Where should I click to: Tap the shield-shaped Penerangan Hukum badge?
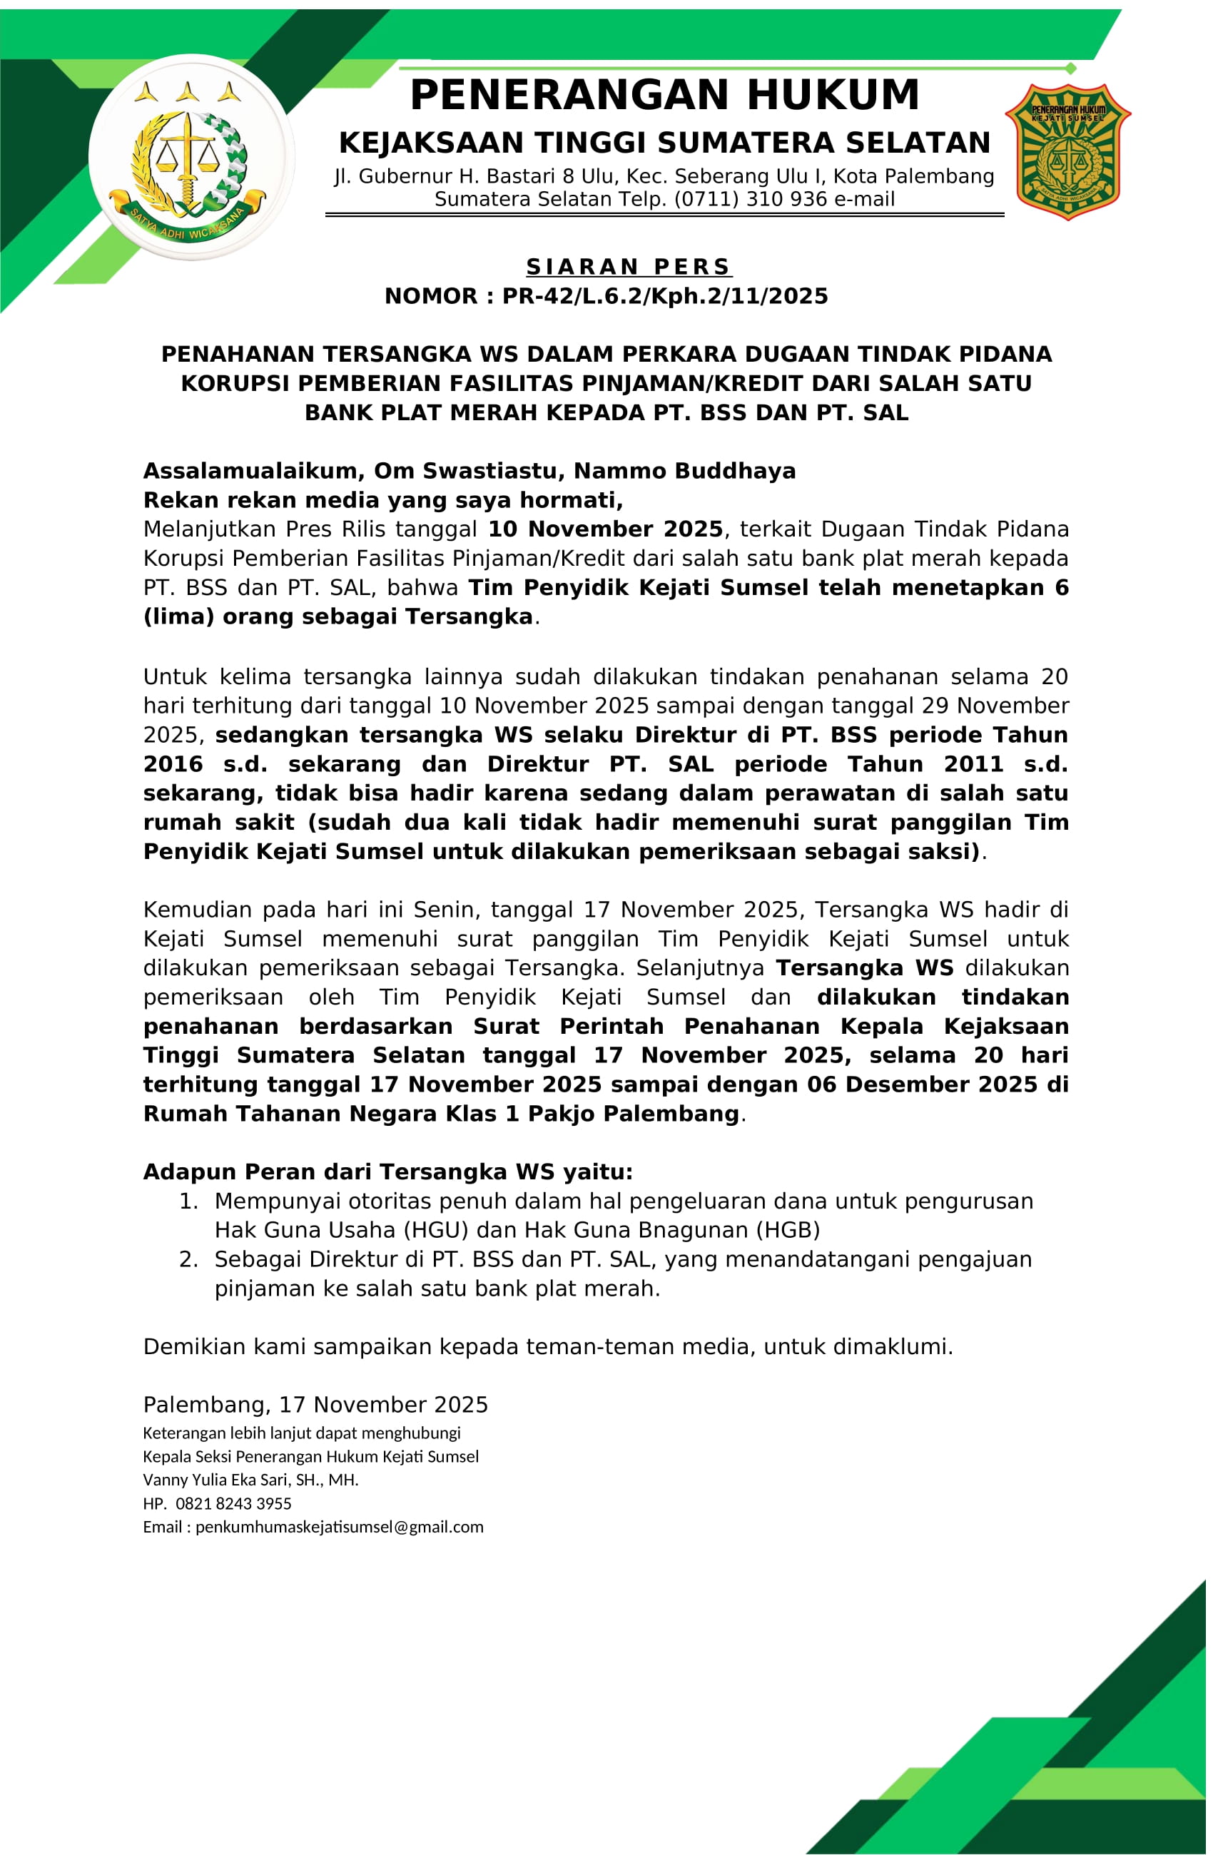point(1067,152)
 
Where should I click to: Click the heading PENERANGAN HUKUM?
point(664,95)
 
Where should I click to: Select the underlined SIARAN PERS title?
point(629,267)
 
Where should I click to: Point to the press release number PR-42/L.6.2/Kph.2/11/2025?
point(664,296)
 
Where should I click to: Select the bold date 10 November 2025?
point(605,529)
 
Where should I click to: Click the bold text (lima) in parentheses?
point(178,616)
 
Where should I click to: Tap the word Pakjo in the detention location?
point(562,1114)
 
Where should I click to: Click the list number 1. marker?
point(188,1201)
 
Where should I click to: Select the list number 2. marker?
point(188,1259)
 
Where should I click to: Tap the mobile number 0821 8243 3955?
point(233,1503)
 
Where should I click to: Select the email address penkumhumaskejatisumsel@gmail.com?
point(339,1527)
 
